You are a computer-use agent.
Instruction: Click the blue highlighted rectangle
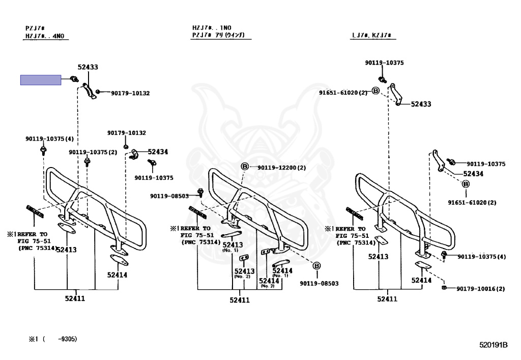click(41, 80)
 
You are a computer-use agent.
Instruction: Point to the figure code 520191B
click(493, 345)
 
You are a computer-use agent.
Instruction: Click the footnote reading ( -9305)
click(60, 339)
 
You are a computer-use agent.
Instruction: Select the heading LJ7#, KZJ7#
click(374, 36)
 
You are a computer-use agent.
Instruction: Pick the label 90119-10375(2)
click(93, 152)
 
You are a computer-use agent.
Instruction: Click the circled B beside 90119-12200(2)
click(244, 167)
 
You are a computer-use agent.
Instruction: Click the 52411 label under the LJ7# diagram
click(387, 299)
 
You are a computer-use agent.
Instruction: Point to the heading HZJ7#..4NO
click(47, 36)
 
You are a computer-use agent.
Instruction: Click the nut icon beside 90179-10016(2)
click(444, 288)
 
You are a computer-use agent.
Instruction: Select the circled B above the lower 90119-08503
click(316, 266)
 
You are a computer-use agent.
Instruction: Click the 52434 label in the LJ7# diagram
click(473, 174)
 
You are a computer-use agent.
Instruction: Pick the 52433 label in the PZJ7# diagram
click(88, 67)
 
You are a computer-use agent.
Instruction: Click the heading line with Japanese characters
click(218, 35)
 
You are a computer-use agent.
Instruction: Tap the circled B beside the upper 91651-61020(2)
click(375, 91)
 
